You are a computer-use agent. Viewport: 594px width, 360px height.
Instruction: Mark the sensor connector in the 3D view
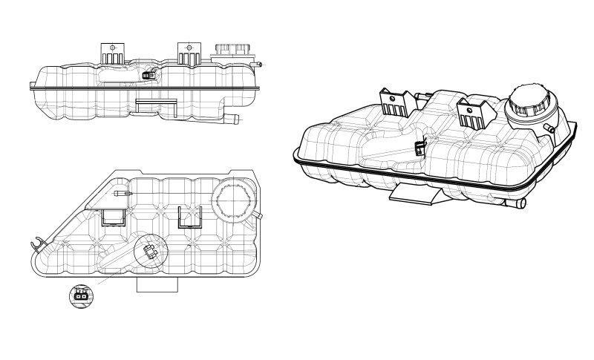coord(419,148)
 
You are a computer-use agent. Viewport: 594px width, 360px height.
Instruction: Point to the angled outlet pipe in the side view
coord(232,118)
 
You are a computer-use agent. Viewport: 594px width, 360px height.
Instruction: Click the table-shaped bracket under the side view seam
coord(156,105)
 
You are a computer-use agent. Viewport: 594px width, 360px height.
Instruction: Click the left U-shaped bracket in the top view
coord(113,216)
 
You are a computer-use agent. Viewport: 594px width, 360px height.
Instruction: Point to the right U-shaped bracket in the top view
coord(191,216)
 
